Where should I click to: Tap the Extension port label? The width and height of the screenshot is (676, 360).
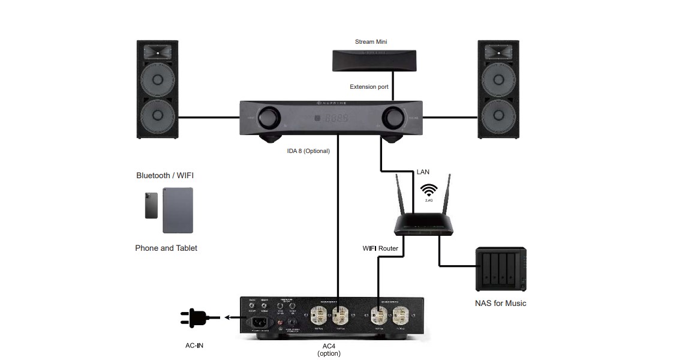tap(369, 87)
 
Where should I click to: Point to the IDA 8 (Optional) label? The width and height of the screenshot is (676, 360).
tap(308, 151)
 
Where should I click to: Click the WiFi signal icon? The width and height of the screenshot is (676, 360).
tap(428, 190)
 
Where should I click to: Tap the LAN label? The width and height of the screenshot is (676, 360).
tap(423, 172)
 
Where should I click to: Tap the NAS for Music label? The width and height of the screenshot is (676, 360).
tap(500, 304)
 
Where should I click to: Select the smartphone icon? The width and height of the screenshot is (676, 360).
tap(151, 205)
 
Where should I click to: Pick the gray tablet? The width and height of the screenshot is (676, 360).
tap(178, 210)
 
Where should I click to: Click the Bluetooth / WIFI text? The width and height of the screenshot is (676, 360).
tap(165, 176)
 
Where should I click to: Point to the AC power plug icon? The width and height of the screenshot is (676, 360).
tap(196, 318)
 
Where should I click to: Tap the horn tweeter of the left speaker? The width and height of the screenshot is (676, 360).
tap(158, 52)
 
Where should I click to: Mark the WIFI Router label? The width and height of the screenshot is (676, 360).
tap(380, 248)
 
